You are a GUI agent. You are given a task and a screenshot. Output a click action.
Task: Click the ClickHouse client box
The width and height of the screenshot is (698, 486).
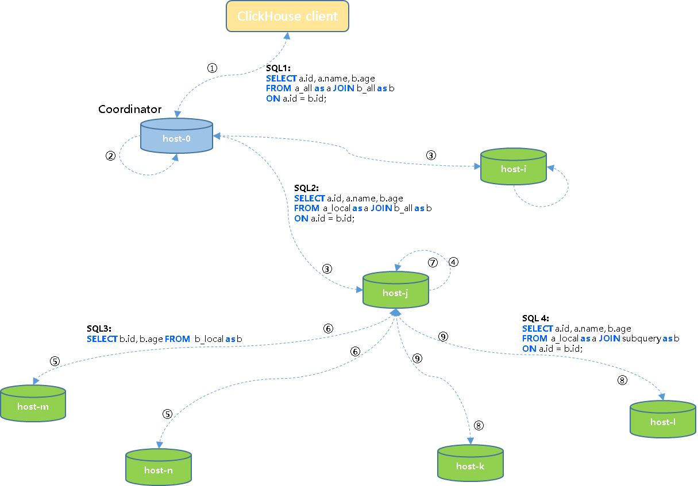pos(287,16)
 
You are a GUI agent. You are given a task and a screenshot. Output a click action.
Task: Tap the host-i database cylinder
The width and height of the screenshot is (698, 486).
pos(513,168)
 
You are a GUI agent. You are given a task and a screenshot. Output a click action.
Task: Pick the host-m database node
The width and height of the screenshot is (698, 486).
pos(33,405)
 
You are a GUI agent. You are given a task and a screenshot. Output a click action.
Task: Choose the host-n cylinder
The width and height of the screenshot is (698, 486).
pos(158,469)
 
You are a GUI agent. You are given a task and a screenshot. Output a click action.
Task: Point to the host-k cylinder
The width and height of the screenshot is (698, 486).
pos(470,465)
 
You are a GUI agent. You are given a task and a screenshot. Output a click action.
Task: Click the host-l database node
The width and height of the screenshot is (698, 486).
pos(662,421)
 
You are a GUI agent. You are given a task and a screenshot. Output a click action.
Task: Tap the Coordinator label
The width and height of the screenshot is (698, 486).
pos(130,109)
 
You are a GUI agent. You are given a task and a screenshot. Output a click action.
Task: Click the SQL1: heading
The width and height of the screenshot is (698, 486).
pos(278,68)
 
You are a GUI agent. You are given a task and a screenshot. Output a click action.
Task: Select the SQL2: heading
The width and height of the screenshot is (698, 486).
pos(306,188)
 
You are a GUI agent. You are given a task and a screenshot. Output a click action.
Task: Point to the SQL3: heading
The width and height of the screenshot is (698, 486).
pos(99,329)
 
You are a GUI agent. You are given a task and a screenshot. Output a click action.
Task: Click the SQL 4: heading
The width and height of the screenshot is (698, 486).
pos(535,318)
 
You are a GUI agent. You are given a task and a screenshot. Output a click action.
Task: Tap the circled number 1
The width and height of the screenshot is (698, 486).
pos(212,68)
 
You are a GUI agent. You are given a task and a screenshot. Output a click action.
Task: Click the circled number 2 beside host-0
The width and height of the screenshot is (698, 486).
pos(111,156)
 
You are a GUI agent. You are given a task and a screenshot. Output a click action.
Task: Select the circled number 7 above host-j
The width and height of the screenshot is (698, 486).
pos(433,262)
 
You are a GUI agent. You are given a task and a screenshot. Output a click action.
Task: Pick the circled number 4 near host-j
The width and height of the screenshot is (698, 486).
pos(453,262)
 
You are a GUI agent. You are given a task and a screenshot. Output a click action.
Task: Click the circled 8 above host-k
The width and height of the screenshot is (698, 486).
pos(479,425)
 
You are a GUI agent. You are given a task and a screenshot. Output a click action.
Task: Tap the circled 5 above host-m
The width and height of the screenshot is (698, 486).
pos(55,361)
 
